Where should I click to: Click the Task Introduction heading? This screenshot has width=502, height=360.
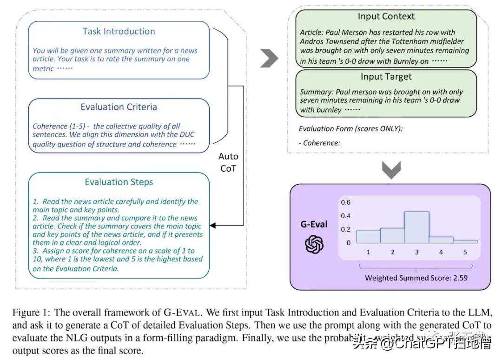(119, 32)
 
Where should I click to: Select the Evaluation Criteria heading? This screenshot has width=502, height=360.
(119, 107)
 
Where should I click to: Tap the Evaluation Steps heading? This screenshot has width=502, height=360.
(119, 182)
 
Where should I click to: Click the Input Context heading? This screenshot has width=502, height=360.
(386, 17)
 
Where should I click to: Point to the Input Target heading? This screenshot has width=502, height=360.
(386, 77)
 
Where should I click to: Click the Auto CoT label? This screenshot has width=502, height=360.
(228, 163)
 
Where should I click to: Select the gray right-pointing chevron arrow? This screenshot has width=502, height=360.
(269, 58)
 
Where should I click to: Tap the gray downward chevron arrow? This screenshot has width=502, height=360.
(391, 170)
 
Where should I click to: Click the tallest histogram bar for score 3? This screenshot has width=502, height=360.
(416, 227)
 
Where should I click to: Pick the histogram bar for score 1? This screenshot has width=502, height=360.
(368, 237)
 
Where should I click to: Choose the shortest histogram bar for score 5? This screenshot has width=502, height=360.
(465, 241)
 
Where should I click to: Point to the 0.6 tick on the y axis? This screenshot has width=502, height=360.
(345, 203)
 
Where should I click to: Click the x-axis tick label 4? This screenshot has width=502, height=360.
(441, 252)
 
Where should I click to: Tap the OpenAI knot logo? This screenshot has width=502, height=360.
(314, 244)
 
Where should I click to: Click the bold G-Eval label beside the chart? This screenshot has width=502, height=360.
(314, 225)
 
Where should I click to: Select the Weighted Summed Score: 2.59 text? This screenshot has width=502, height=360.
(416, 278)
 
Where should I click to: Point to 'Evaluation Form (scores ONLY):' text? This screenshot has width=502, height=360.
(350, 129)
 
